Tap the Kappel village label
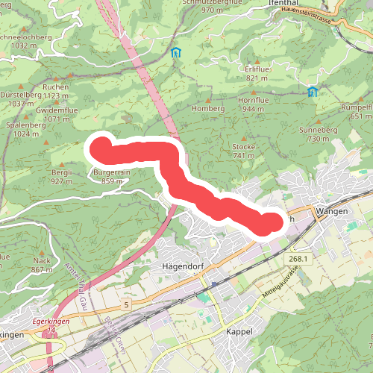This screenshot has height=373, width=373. [x=239, y=330]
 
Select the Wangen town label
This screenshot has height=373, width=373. [x=332, y=212]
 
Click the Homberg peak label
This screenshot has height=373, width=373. [x=208, y=108]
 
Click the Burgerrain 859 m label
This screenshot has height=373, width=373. [x=112, y=177]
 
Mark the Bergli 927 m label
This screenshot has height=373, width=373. [x=61, y=177]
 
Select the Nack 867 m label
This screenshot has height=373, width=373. [x=42, y=265]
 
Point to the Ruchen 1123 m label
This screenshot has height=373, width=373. [x=56, y=91]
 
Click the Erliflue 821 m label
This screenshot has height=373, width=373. [x=256, y=73]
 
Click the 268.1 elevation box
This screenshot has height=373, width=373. [x=295, y=258]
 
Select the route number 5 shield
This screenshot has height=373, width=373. [x=128, y=305]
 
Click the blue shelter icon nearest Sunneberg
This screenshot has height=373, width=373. [x=312, y=92]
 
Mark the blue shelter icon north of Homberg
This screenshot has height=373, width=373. [x=176, y=52]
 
